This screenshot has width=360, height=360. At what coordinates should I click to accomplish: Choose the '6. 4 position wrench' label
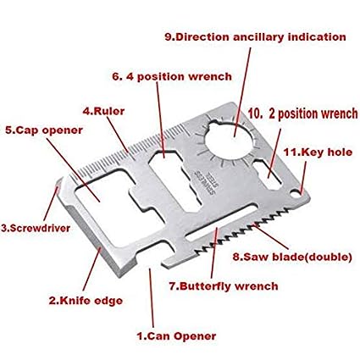click(171, 76)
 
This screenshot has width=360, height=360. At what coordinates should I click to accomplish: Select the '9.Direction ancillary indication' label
click(255, 37)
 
